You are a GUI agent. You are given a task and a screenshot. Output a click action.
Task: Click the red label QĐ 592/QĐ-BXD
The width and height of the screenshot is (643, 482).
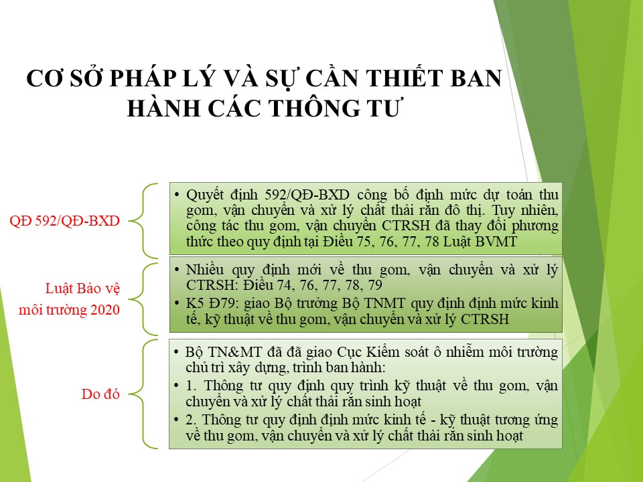click(x=64, y=221)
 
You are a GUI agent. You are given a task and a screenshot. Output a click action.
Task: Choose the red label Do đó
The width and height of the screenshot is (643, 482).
click(x=100, y=394)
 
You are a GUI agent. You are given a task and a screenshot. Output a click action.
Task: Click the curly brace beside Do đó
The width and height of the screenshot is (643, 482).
click(x=143, y=394)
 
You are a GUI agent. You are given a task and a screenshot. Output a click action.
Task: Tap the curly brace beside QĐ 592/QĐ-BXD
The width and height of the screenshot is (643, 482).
click(x=143, y=221)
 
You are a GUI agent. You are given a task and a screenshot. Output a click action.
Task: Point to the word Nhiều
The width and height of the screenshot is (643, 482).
click(x=206, y=270)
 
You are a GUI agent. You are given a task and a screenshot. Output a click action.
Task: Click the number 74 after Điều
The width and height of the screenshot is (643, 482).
click(x=285, y=285)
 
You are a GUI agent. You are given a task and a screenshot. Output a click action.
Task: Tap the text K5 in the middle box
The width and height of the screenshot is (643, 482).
click(x=195, y=303)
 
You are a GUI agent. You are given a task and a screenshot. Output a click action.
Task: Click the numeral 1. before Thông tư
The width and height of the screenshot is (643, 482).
click(x=191, y=386)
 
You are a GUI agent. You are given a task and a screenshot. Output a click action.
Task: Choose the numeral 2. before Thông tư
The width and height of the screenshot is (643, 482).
click(x=191, y=420)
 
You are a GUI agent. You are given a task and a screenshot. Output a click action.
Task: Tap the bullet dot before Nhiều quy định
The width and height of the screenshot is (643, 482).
click(x=177, y=270)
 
